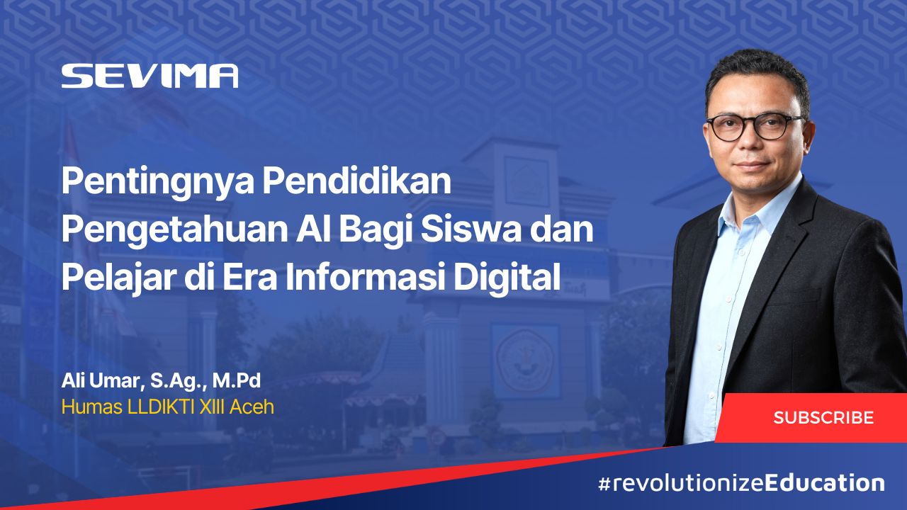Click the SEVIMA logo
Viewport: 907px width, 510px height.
click(150, 76)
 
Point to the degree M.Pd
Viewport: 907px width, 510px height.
click(237, 381)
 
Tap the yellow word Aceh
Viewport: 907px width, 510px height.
click(252, 407)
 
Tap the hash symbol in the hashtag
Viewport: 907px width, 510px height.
click(604, 484)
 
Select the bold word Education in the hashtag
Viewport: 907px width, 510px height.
click(824, 483)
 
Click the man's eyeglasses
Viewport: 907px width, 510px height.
click(755, 127)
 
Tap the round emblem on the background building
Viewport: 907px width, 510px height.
click(525, 361)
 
